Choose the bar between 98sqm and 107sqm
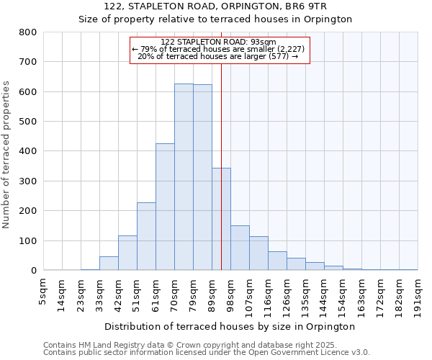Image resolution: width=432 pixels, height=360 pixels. pos(240,248)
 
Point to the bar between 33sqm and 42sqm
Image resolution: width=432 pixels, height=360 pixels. pos(109,264)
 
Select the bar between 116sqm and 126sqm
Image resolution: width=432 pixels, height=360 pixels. pos(277,261)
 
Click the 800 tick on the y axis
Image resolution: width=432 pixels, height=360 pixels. pos(28,32)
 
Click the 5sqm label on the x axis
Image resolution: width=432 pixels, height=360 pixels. pos(43,291)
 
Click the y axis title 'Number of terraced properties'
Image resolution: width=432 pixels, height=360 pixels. pos(7,154)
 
